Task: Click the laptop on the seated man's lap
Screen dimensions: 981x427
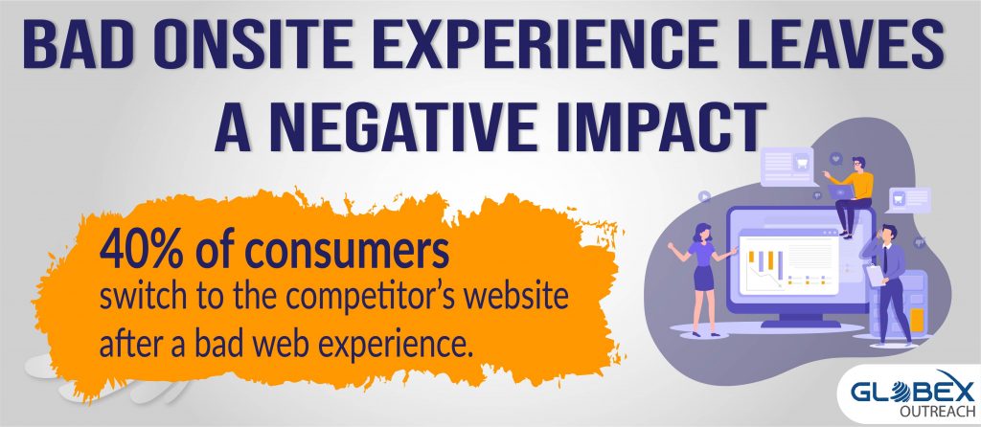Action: [x=840, y=191]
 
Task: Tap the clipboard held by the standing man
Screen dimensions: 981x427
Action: [x=874, y=275]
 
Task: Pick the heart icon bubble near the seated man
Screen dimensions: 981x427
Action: [x=835, y=159]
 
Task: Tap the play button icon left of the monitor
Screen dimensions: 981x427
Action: [x=704, y=196]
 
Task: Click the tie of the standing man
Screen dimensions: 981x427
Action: [x=885, y=259]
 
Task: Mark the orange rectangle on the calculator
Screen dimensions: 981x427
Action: [x=917, y=318]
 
